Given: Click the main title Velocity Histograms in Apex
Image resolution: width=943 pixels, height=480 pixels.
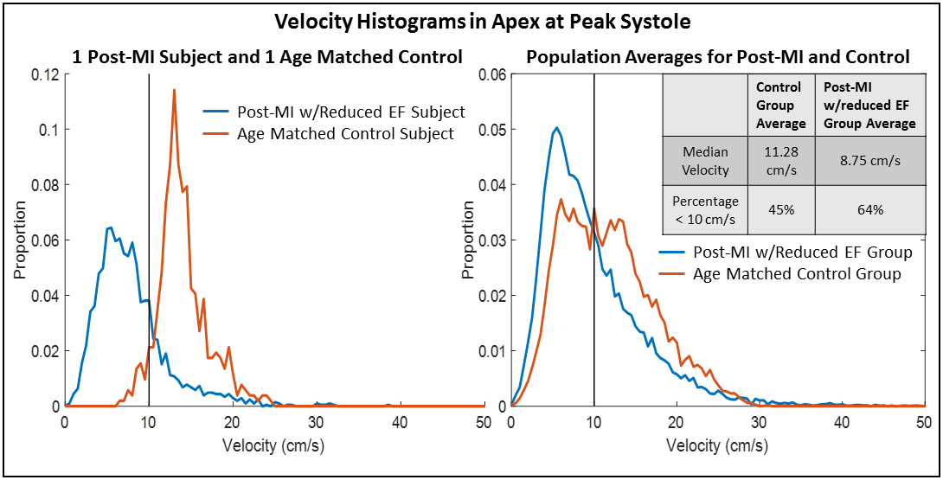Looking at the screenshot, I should point(472,21).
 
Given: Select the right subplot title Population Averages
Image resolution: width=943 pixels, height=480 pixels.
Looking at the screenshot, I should point(717,57).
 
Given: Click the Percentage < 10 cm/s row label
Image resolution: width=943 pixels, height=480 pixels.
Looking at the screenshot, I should point(704,209).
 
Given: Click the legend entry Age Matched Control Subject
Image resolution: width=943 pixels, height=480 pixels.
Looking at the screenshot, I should point(346,134).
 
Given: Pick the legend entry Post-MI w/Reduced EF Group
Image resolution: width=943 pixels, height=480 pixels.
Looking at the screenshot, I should point(802,253).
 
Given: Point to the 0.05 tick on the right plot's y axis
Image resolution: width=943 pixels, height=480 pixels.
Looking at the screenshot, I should point(493,130).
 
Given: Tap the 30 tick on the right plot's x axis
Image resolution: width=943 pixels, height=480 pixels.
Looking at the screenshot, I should point(759,422).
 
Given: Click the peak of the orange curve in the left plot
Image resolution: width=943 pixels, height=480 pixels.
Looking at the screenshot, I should point(174,89).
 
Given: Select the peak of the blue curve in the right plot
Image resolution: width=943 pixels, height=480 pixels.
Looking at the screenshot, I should point(557,128).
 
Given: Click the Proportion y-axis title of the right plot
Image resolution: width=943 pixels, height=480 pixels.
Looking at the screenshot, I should point(467,240).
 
